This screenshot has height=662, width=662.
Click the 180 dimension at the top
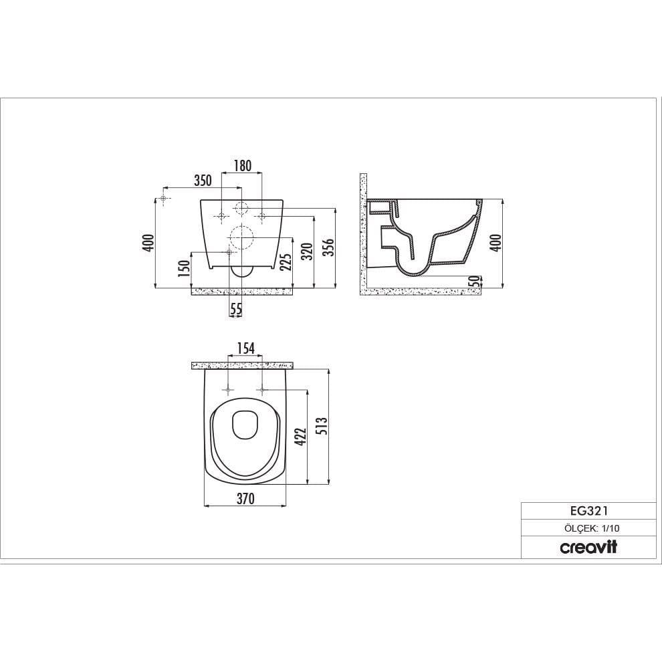(242, 166)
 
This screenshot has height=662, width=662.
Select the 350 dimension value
(203, 181)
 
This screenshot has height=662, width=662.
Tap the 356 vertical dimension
(328, 247)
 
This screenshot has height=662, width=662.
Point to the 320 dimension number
(308, 251)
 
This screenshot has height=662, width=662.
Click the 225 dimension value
(286, 261)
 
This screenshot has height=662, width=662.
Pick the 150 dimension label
(184, 269)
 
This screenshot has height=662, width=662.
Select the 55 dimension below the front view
(236, 310)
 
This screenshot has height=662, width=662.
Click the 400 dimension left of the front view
(148, 243)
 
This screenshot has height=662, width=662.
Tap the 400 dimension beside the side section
(496, 243)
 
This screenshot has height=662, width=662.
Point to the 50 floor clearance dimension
(476, 281)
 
